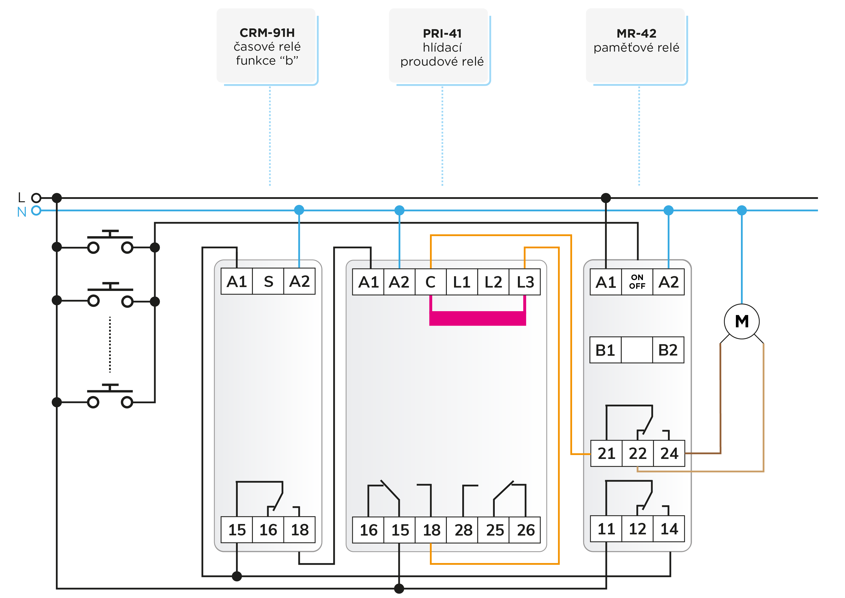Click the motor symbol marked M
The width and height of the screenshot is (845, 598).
tap(742, 322)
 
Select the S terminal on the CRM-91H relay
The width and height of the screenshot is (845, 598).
tap(268, 281)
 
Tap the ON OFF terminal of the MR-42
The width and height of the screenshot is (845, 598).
tap(637, 282)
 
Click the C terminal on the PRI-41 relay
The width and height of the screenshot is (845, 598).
tap(431, 282)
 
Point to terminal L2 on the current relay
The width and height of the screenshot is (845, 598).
tap(493, 282)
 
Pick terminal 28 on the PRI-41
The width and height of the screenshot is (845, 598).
tap(463, 530)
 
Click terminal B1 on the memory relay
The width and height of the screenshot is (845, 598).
tap(605, 350)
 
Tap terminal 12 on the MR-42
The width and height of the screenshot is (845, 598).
tap(637, 529)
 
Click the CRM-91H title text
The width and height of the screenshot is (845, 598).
tap(267, 33)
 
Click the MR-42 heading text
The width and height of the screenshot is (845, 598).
tap(636, 34)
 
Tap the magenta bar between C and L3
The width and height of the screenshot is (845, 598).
tap(478, 318)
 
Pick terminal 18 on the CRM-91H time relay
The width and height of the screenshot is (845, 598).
tap(300, 530)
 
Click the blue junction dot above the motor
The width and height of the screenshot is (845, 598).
tap(742, 210)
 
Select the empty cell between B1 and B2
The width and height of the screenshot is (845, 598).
tap(637, 350)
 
